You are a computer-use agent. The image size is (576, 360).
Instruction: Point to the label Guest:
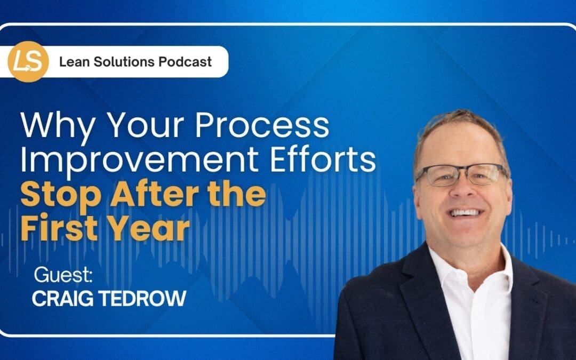(x=63, y=276)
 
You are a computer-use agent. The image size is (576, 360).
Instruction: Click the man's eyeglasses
(x=461, y=174)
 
